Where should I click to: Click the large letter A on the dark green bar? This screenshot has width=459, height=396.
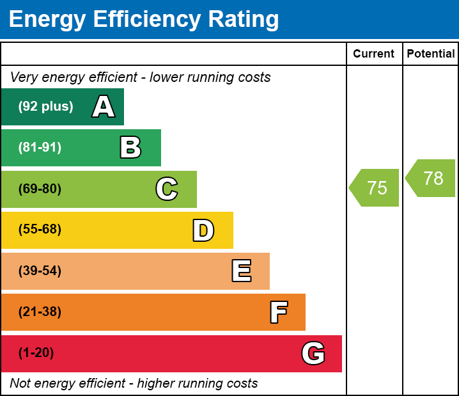[103, 107]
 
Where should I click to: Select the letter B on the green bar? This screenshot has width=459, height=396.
[130, 148]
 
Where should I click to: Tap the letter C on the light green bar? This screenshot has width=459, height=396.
[166, 189]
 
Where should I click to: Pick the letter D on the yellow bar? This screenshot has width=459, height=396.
[203, 230]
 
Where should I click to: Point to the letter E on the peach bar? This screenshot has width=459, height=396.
[241, 271]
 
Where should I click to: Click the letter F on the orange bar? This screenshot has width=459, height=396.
[278, 313]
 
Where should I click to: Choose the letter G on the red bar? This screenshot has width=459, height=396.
[313, 353]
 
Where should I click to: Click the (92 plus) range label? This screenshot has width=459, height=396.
[45, 107]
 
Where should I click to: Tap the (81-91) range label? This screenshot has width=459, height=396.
[40, 148]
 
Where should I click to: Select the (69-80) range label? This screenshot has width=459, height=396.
[40, 189]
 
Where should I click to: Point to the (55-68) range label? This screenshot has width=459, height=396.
[40, 230]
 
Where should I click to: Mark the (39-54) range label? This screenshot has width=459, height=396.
[40, 271]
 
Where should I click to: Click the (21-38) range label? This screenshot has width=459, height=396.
[40, 312]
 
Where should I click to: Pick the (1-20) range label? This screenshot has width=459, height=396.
[36, 353]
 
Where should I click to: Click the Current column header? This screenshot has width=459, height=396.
[373, 54]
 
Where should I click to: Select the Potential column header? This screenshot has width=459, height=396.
[431, 54]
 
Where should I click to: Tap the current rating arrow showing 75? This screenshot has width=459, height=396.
[376, 188]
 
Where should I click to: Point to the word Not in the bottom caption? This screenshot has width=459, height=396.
[20, 384]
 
